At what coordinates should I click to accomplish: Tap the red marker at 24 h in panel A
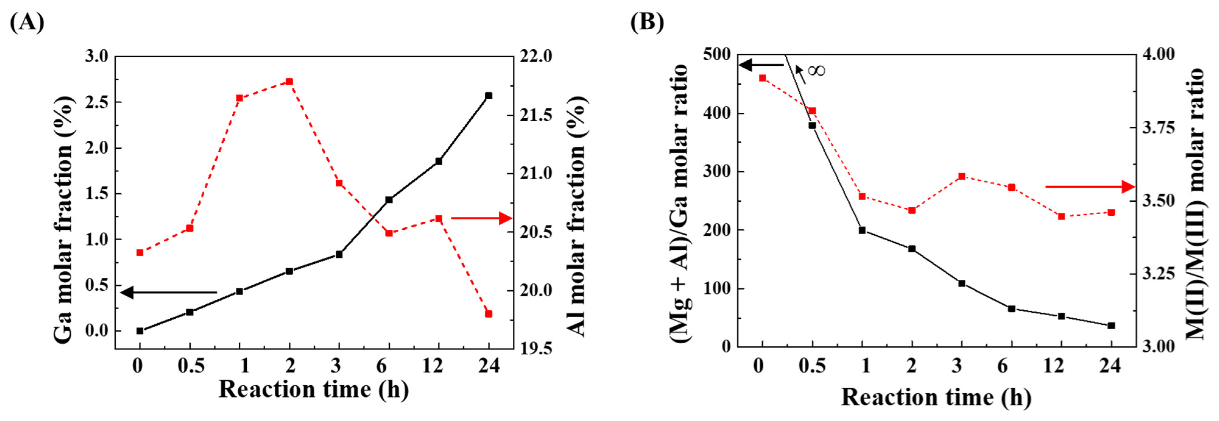489,314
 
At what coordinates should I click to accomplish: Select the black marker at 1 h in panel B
862,230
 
